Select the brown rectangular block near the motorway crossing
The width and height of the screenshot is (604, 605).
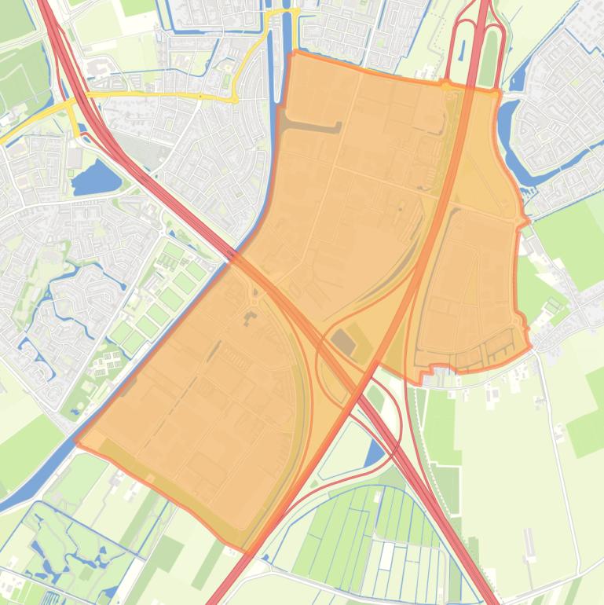[342, 341]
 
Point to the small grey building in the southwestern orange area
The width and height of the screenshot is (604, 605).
[251, 317]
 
